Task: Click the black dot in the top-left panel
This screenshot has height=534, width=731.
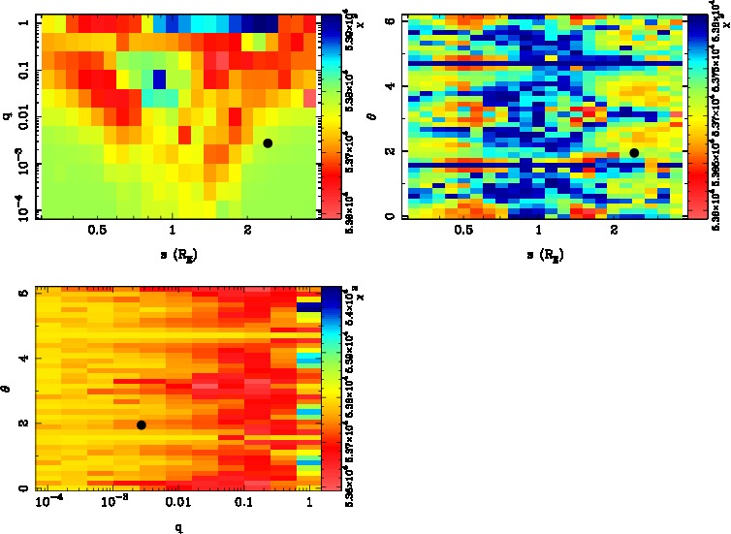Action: pos(268,143)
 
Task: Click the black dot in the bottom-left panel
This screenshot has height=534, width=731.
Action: pos(142,424)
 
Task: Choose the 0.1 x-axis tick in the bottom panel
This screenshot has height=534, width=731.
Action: pos(243,503)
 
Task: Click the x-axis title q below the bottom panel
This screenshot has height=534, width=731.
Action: pos(178,526)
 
